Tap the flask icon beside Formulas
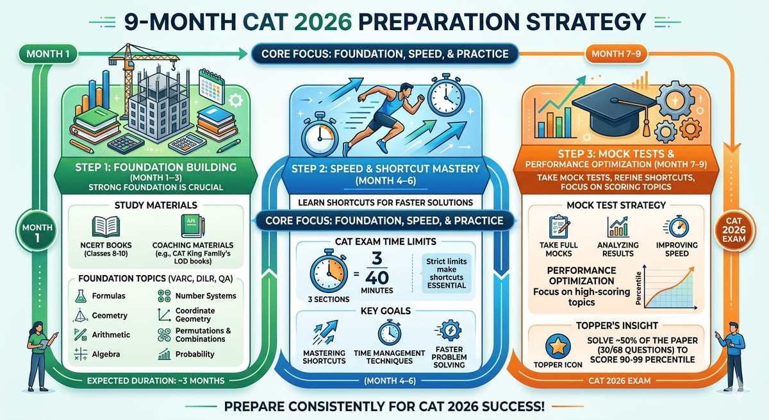[x=82, y=296]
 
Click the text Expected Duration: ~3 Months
[x=154, y=381]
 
